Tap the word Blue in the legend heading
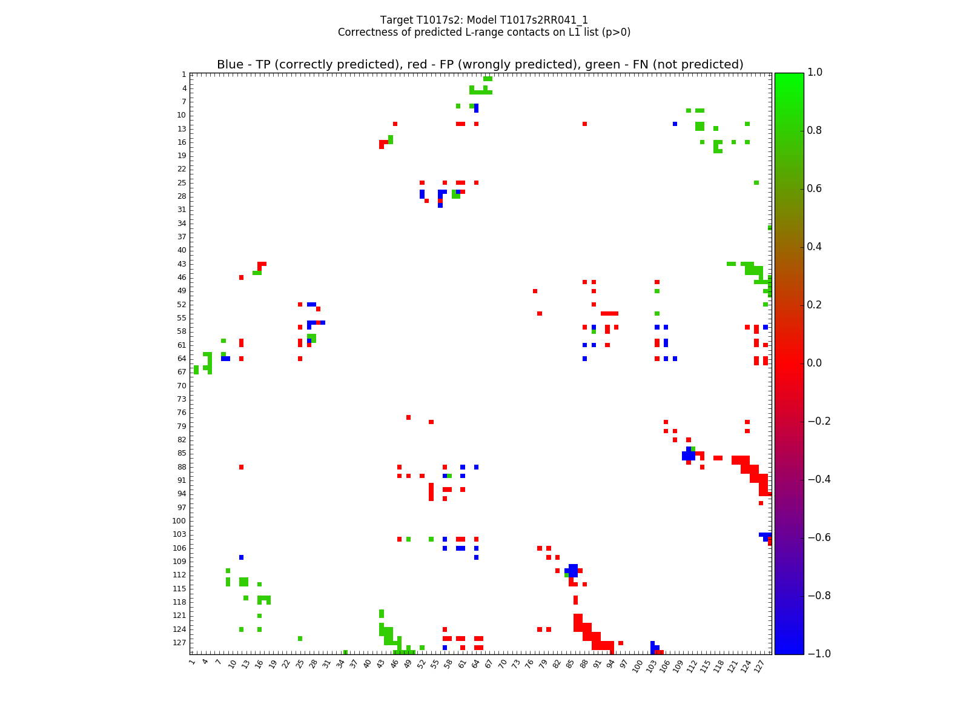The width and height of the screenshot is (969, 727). (x=230, y=65)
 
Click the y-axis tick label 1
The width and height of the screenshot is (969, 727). (x=184, y=75)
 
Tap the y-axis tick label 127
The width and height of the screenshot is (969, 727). (x=180, y=643)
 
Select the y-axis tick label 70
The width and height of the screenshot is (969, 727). (x=182, y=385)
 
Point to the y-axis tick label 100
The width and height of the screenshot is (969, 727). (x=180, y=521)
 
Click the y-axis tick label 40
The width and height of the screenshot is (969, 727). (x=182, y=250)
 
